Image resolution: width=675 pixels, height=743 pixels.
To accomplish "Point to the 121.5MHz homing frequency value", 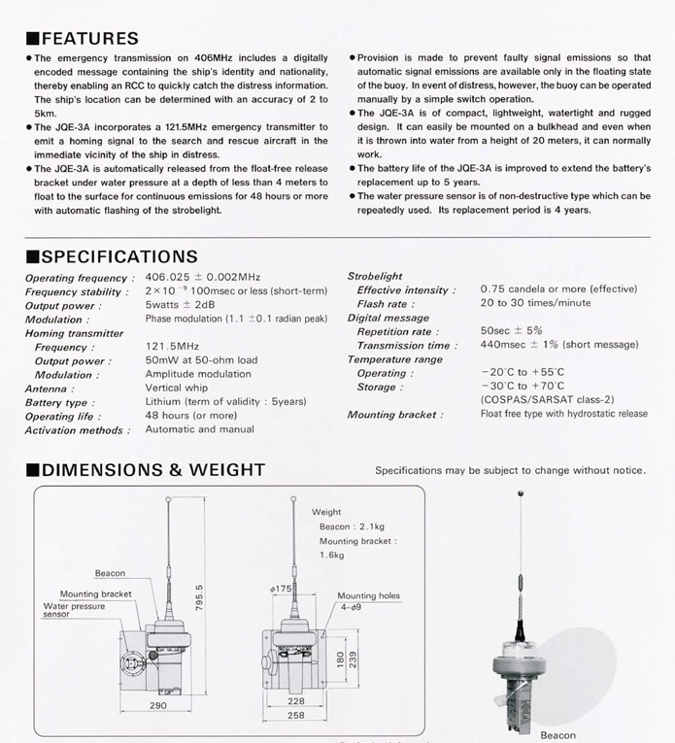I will pos(172,346).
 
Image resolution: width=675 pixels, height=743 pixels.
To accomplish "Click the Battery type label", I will pos(60,402).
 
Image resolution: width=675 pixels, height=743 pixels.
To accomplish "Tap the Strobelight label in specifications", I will pos(374,276).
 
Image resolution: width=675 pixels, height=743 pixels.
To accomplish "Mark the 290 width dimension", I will pos(158,706).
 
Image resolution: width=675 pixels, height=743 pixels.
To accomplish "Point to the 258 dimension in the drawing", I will pos(296,716).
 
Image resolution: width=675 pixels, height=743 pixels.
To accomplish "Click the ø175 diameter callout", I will pos(282,590).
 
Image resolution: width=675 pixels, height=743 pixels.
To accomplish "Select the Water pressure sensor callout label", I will pos(74,610).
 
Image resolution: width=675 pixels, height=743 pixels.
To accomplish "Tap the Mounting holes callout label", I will pos(368,595).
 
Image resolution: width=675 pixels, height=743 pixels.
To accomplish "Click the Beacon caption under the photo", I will pos(557,735).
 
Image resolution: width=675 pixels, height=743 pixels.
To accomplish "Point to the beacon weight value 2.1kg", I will pos(352,526).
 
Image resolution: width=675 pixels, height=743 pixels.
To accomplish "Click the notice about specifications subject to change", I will pos(510,471).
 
